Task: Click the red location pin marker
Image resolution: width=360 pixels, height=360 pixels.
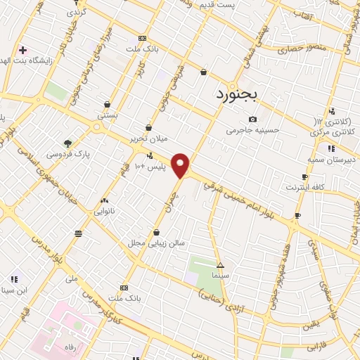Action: click(x=181, y=165)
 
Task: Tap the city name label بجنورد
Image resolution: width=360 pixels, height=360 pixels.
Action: click(x=238, y=94)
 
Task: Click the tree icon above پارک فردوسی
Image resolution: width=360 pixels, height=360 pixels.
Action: click(x=67, y=143)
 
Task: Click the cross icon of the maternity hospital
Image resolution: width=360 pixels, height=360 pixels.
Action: click(x=22, y=51)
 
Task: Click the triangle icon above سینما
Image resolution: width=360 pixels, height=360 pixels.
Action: click(x=220, y=266)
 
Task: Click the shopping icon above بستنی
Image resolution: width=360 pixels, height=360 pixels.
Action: click(x=106, y=104)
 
